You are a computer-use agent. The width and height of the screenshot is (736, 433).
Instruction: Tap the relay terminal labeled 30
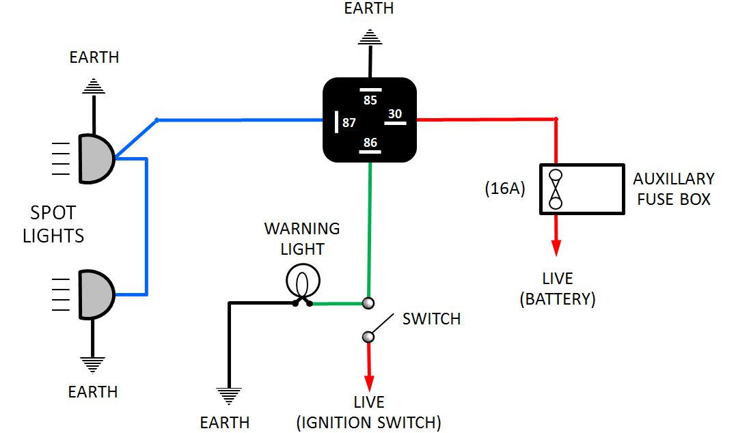tap(395, 115)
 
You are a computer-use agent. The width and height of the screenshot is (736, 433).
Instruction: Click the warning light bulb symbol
tap(303, 281)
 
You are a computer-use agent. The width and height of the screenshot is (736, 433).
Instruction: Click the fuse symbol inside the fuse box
tap(556, 189)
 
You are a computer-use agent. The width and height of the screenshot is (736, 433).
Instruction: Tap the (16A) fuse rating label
tap(505, 188)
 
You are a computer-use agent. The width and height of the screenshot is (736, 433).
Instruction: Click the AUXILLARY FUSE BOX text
tap(673, 189)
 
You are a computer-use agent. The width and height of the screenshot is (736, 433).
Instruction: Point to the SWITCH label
tap(431, 319)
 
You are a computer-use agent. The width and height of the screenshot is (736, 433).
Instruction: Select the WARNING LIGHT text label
tap(302, 238)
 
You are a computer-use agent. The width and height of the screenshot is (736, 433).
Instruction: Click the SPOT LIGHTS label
tap(53, 225)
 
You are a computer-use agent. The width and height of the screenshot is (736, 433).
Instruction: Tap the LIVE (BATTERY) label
tap(558, 289)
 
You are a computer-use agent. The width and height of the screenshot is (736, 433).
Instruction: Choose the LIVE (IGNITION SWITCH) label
tap(368, 413)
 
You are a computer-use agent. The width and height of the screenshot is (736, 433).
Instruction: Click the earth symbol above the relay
tap(370, 37)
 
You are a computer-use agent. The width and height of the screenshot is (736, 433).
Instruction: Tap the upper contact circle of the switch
tap(368, 303)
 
